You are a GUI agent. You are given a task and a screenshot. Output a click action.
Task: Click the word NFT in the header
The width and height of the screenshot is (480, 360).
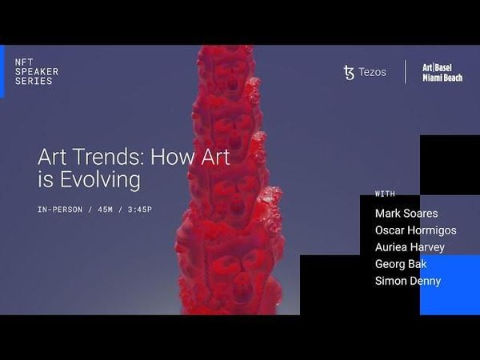(x=24, y=62)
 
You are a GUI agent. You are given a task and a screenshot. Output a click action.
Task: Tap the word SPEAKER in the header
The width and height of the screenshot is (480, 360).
(x=37, y=71)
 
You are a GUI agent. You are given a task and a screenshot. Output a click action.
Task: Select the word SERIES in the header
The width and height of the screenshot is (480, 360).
(x=34, y=81)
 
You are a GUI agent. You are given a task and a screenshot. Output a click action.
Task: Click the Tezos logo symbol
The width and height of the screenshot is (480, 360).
(x=348, y=72)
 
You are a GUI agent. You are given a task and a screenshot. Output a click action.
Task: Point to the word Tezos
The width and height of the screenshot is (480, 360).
(x=372, y=72)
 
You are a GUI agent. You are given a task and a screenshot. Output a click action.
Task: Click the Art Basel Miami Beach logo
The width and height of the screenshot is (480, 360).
(x=442, y=72)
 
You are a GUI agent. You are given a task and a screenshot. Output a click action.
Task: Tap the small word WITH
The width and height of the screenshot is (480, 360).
(x=385, y=194)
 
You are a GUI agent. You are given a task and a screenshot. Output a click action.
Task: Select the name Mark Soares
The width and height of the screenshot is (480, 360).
(x=406, y=214)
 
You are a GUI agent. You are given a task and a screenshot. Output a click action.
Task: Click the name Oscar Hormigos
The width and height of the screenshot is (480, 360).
(x=415, y=230)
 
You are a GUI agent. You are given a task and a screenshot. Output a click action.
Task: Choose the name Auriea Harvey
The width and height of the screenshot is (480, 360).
(x=410, y=247)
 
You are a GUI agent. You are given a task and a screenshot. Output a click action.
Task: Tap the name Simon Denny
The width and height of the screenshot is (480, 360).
(x=407, y=281)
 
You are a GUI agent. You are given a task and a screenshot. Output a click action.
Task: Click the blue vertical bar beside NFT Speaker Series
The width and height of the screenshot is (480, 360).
(x=2, y=71)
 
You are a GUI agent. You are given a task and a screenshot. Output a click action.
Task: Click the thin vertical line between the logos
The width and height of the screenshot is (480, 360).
(x=406, y=72)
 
